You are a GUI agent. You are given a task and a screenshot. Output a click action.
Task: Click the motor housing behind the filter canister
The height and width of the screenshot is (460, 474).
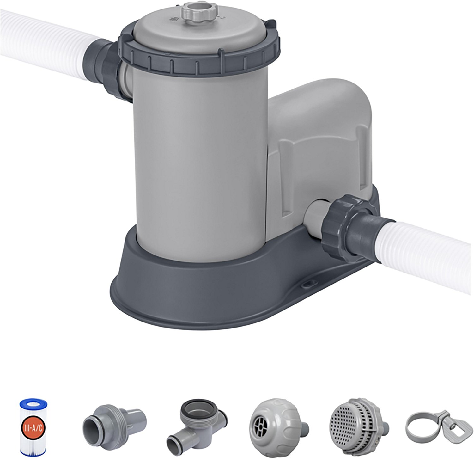point(319,139)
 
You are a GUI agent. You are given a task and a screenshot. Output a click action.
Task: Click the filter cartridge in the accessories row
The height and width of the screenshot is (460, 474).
point(33,427)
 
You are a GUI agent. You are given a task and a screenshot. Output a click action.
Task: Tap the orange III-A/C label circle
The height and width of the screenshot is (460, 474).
point(33,428)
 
